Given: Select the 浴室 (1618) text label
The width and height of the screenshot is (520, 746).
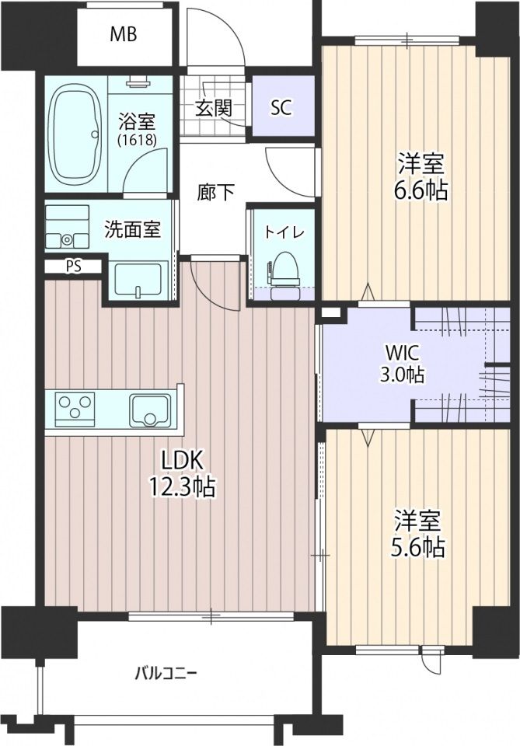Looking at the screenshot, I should pyautogui.click(x=137, y=129).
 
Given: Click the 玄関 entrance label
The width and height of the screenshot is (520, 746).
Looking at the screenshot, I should pyautogui.click(x=212, y=107).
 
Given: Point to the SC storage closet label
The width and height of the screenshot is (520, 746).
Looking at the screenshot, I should pyautogui.click(x=281, y=107).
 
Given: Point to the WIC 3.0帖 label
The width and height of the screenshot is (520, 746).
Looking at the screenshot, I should pyautogui.click(x=401, y=363).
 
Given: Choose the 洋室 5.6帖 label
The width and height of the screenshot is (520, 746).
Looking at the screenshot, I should pyautogui.click(x=418, y=534).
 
